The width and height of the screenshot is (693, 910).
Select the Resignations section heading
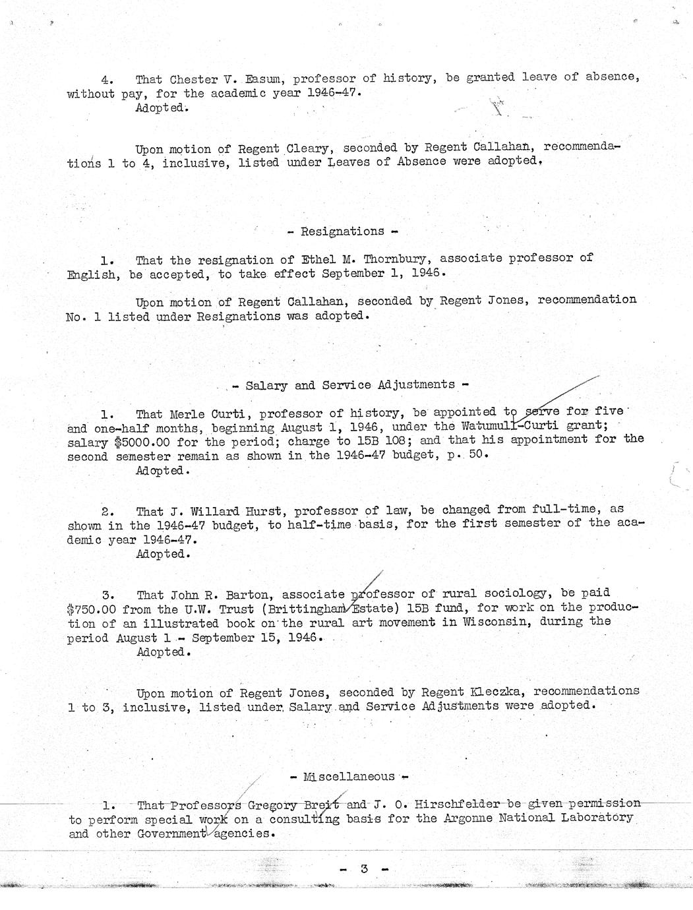pos(342,231)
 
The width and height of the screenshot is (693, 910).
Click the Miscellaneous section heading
pos(349,777)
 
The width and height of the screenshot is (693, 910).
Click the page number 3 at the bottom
pos(363,868)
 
